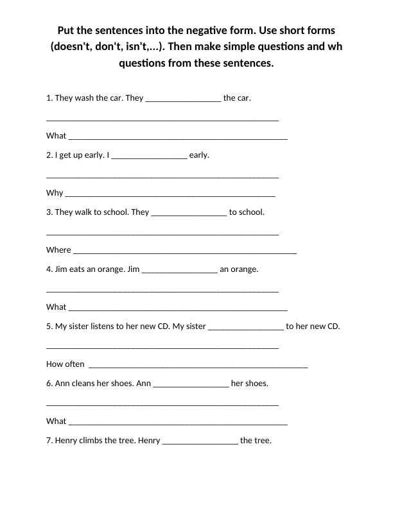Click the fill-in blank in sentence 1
click(184, 99)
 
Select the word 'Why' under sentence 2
click(55, 193)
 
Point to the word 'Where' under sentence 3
click(58, 250)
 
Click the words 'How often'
click(65, 364)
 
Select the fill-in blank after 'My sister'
click(246, 326)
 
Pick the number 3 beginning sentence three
click(49, 212)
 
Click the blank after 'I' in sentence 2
click(150, 155)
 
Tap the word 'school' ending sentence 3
click(250, 212)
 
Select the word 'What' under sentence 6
click(57, 421)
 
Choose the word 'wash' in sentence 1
click(84, 98)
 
